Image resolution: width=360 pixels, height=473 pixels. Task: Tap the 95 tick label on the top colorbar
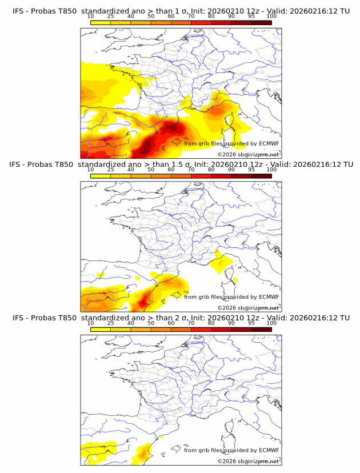[251, 17]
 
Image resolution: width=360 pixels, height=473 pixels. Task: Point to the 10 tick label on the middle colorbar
[90, 170]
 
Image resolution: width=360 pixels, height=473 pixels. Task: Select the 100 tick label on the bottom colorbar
[271, 323]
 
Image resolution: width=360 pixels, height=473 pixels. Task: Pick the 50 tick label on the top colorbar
[151, 17]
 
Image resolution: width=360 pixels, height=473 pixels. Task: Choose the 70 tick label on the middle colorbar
[191, 170]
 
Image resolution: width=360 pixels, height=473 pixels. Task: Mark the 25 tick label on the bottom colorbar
[110, 323]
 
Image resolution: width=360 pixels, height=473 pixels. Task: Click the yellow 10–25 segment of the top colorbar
[100, 22]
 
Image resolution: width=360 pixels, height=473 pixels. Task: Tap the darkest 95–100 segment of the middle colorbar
[261, 176]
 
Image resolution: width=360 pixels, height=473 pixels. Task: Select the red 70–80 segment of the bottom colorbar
[201, 329]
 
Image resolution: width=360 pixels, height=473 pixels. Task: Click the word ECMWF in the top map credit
[269, 143]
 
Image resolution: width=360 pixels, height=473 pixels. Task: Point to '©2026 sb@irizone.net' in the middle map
[248, 308]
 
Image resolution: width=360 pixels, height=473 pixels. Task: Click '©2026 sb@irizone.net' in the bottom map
[248, 462]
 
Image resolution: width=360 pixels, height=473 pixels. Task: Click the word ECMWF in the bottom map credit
[269, 450]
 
